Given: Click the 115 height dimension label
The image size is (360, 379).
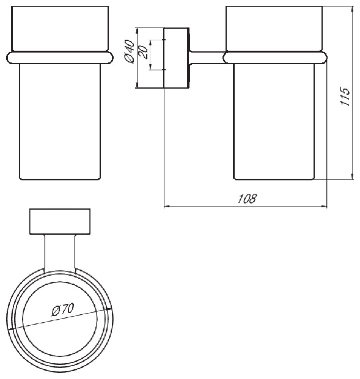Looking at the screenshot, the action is (345, 96).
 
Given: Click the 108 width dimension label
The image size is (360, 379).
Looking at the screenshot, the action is (247, 199).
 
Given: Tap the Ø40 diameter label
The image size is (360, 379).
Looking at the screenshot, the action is (129, 52).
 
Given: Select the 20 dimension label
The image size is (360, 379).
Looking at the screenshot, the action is (143, 52).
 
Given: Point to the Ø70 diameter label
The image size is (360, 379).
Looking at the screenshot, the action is (63, 309).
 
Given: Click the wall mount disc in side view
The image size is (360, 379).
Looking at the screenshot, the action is (177, 58).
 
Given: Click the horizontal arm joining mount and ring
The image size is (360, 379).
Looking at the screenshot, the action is (207, 58).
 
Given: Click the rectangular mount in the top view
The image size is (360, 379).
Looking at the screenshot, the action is (60, 221).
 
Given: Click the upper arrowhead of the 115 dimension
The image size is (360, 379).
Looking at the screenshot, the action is (352, 10).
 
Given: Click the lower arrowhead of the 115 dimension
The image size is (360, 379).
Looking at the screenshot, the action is (352, 175).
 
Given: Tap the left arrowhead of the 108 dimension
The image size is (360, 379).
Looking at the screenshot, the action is (167, 207).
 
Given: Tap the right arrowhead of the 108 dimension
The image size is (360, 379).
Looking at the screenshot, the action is (323, 207).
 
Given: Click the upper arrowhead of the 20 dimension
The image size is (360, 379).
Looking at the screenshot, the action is (150, 43).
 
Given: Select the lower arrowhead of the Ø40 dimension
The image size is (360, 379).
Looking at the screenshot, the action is (137, 85).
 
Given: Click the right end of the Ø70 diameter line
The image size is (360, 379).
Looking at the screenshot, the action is (111, 309).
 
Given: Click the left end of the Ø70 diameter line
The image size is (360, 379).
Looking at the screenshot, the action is (9, 329).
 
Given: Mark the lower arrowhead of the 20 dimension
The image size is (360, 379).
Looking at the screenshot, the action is (150, 67).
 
